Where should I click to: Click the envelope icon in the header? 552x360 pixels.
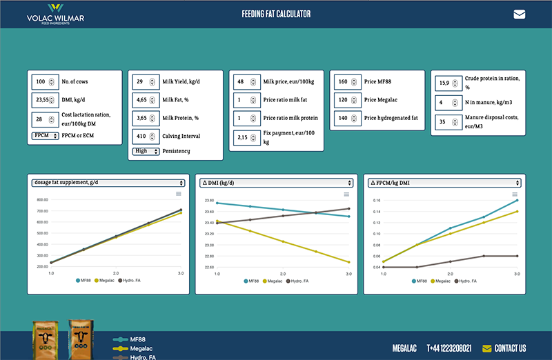[519, 14]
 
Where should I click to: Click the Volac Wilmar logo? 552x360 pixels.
[55, 14]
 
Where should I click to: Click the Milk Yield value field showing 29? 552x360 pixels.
[144, 82]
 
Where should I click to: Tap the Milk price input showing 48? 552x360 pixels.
[244, 82]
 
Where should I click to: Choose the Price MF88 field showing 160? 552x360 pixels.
[344, 82]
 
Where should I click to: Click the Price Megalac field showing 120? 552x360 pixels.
[344, 100]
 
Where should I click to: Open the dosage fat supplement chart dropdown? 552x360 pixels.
[108, 183]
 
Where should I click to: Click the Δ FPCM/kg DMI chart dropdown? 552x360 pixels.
[442, 183]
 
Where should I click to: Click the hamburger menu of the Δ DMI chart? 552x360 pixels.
[347, 194]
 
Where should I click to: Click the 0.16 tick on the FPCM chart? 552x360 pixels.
[375, 201]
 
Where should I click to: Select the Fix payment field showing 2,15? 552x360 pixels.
[244, 139]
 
